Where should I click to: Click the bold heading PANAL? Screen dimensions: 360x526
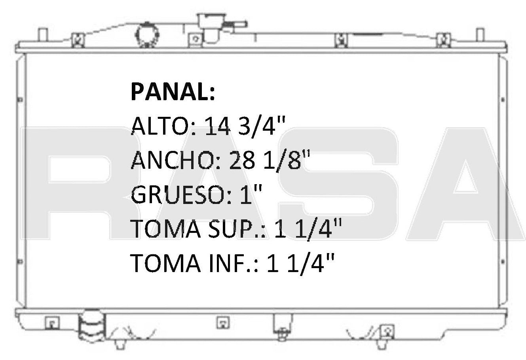pyautogui.click(x=173, y=93)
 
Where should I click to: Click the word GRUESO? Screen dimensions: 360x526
pyautogui.click(x=176, y=195)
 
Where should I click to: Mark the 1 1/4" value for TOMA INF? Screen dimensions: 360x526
pyautogui.click(x=302, y=263)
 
